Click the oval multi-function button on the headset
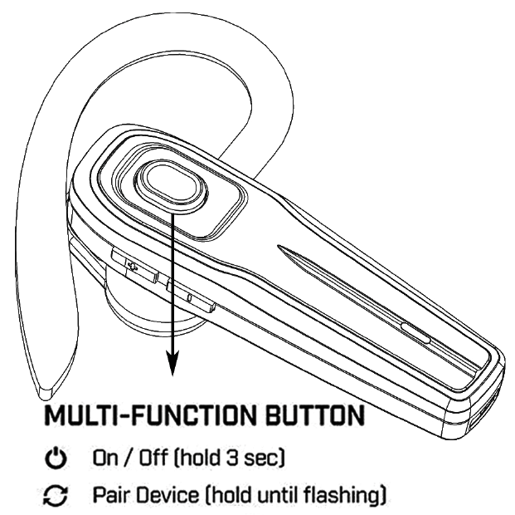click(170, 183)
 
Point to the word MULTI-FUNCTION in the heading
click(139, 414)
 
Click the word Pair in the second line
click(106, 496)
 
